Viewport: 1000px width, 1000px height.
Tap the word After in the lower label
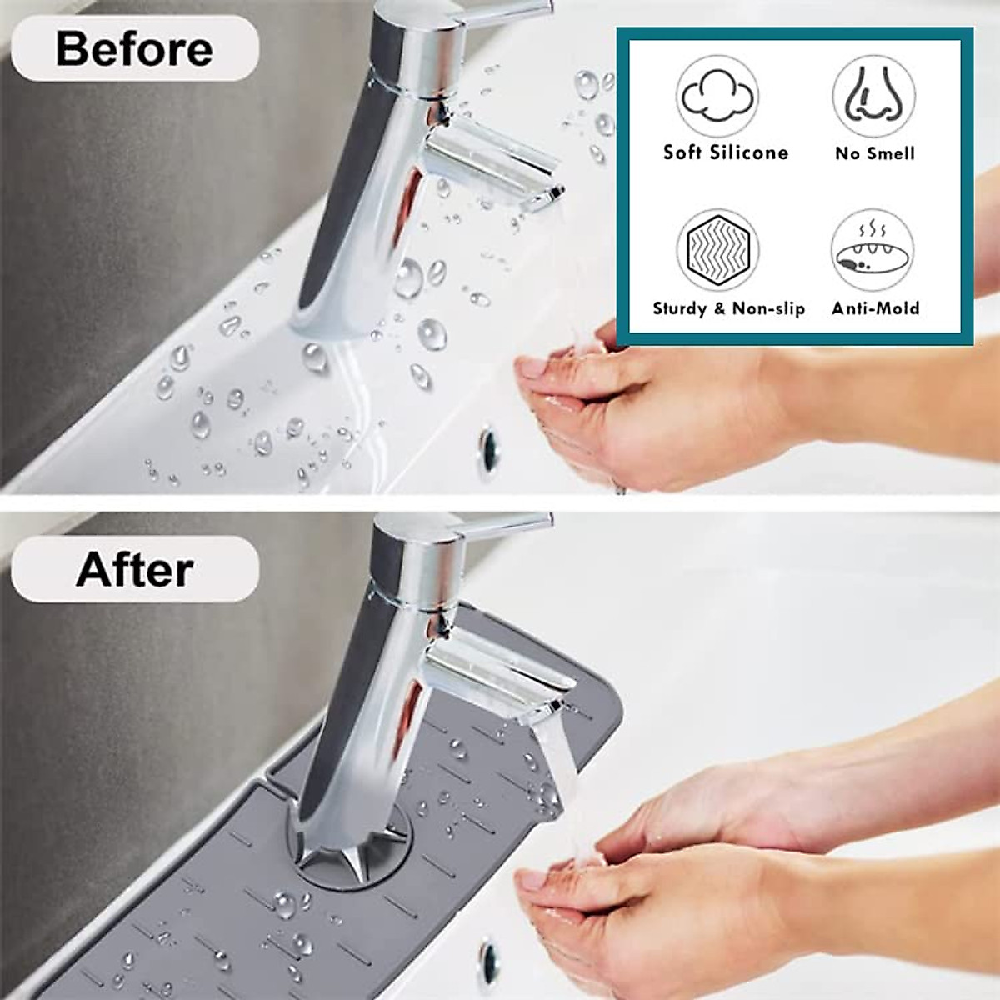pos(134,570)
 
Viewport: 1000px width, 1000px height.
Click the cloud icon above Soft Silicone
pos(717,97)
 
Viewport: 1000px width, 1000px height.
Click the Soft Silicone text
pos(725,152)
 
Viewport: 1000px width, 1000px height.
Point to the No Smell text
pos(875,153)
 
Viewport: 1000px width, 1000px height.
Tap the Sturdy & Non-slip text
pos(728,309)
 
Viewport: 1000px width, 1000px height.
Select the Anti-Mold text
pos(875,308)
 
